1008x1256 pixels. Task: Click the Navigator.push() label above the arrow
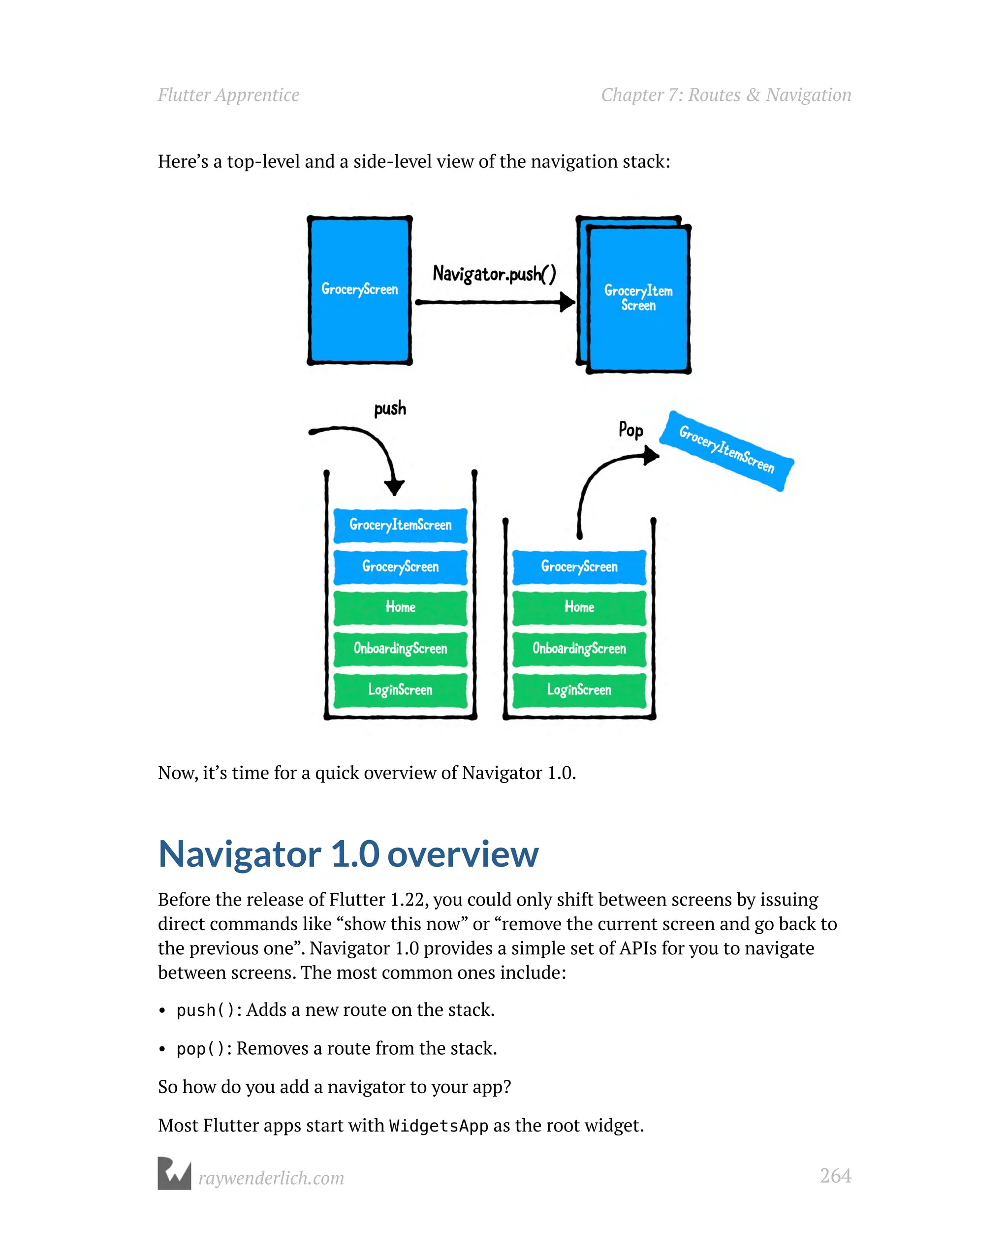(x=494, y=273)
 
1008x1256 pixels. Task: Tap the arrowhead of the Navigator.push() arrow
(x=567, y=302)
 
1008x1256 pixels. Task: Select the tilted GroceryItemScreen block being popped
(x=726, y=451)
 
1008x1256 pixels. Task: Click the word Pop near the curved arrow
(x=630, y=431)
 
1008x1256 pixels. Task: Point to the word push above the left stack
(x=390, y=408)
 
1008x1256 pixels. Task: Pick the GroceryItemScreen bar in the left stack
(x=400, y=525)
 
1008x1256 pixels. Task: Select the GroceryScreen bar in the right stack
(x=579, y=567)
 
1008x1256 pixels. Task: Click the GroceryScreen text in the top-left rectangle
(x=359, y=289)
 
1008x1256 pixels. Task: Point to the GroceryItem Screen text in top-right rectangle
(x=638, y=298)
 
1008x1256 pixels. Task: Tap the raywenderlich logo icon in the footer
(x=174, y=1173)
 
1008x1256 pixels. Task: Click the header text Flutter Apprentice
(x=228, y=95)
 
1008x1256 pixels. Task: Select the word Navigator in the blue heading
(x=240, y=854)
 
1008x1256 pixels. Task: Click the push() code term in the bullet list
(x=205, y=1010)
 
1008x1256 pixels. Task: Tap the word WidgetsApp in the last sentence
(x=438, y=1126)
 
